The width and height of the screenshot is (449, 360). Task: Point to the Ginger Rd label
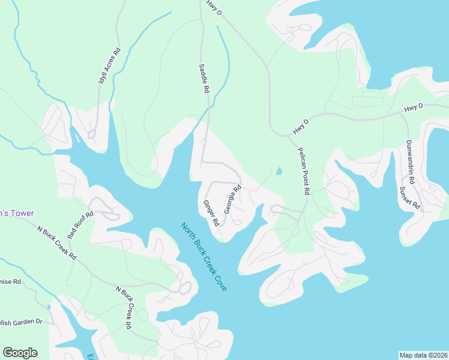click(x=211, y=213)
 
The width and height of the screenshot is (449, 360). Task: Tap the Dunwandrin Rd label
click(x=409, y=161)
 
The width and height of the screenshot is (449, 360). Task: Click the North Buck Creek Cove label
click(x=204, y=257)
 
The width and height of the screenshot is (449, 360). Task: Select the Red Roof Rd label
click(x=80, y=225)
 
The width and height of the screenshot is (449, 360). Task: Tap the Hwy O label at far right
click(x=413, y=107)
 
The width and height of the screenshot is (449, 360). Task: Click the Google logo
click(x=20, y=353)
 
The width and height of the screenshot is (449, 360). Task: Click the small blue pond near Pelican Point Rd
click(x=278, y=171)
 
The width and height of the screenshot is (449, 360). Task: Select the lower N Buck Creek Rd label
click(x=123, y=307)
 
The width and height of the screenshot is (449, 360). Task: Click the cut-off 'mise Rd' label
click(x=10, y=281)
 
